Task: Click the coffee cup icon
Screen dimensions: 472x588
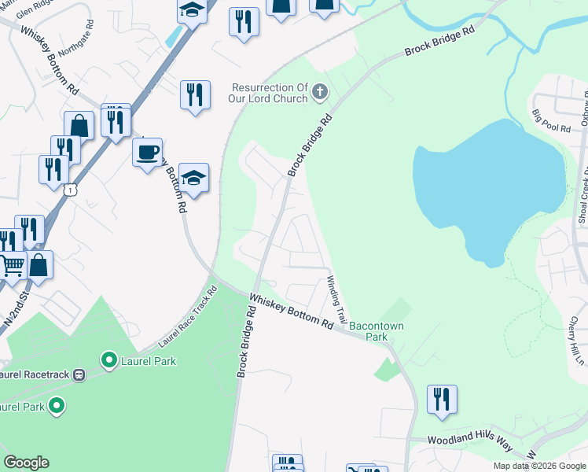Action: tap(146, 151)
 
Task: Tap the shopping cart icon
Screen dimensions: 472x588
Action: tap(12, 266)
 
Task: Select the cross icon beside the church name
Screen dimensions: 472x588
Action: tap(319, 93)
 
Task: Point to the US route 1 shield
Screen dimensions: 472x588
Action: tap(72, 190)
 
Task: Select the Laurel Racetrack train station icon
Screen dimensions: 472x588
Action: tap(79, 375)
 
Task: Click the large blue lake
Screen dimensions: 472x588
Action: tap(487, 189)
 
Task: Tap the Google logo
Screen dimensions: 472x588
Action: tap(26, 463)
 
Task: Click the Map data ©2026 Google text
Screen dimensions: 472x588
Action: tap(539, 466)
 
